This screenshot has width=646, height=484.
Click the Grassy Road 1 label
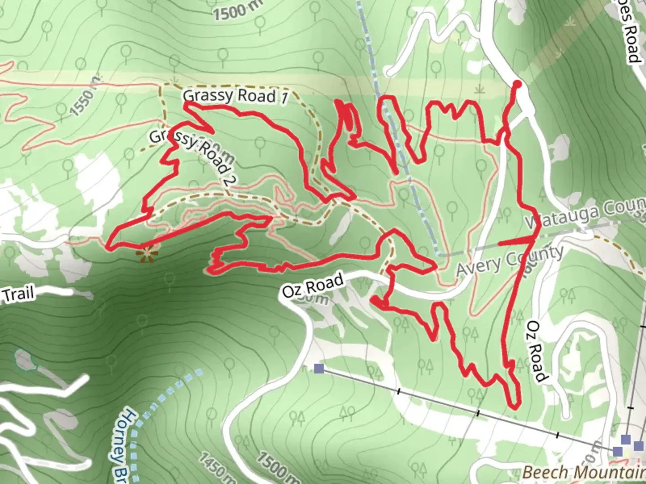(x=235, y=96)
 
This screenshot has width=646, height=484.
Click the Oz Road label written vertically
(x=536, y=352)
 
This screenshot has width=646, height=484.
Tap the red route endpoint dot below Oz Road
(x=373, y=300)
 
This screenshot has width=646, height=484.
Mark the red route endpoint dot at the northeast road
(x=517, y=84)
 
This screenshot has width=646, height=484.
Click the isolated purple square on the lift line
(x=319, y=368)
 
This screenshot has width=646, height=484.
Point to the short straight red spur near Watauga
(x=516, y=242)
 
